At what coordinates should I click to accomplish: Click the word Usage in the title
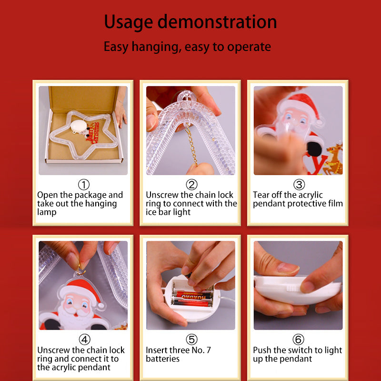128,22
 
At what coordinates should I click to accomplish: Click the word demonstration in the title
217,21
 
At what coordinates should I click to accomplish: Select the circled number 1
84,185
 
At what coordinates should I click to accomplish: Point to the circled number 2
191,185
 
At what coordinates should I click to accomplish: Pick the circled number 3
299,185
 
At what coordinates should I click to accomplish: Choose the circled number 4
84,340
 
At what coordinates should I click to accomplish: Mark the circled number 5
191,340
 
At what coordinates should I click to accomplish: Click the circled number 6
298,340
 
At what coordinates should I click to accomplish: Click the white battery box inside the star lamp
79,126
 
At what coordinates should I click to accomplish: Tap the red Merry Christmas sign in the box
93,133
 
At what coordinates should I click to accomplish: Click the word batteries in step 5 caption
162,359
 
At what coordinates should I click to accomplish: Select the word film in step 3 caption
336,203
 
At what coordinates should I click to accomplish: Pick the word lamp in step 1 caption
47,212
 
